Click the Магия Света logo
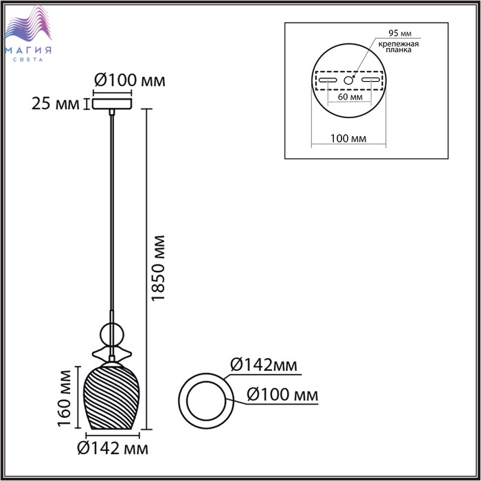coord(28,33)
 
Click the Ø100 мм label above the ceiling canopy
coord(129,80)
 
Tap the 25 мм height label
coord(55,104)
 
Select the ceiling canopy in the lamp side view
coord(112,104)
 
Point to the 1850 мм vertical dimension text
coord(158,269)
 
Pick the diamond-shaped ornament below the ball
coord(112,355)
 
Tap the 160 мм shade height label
coord(65,398)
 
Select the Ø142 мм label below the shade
coord(113,449)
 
